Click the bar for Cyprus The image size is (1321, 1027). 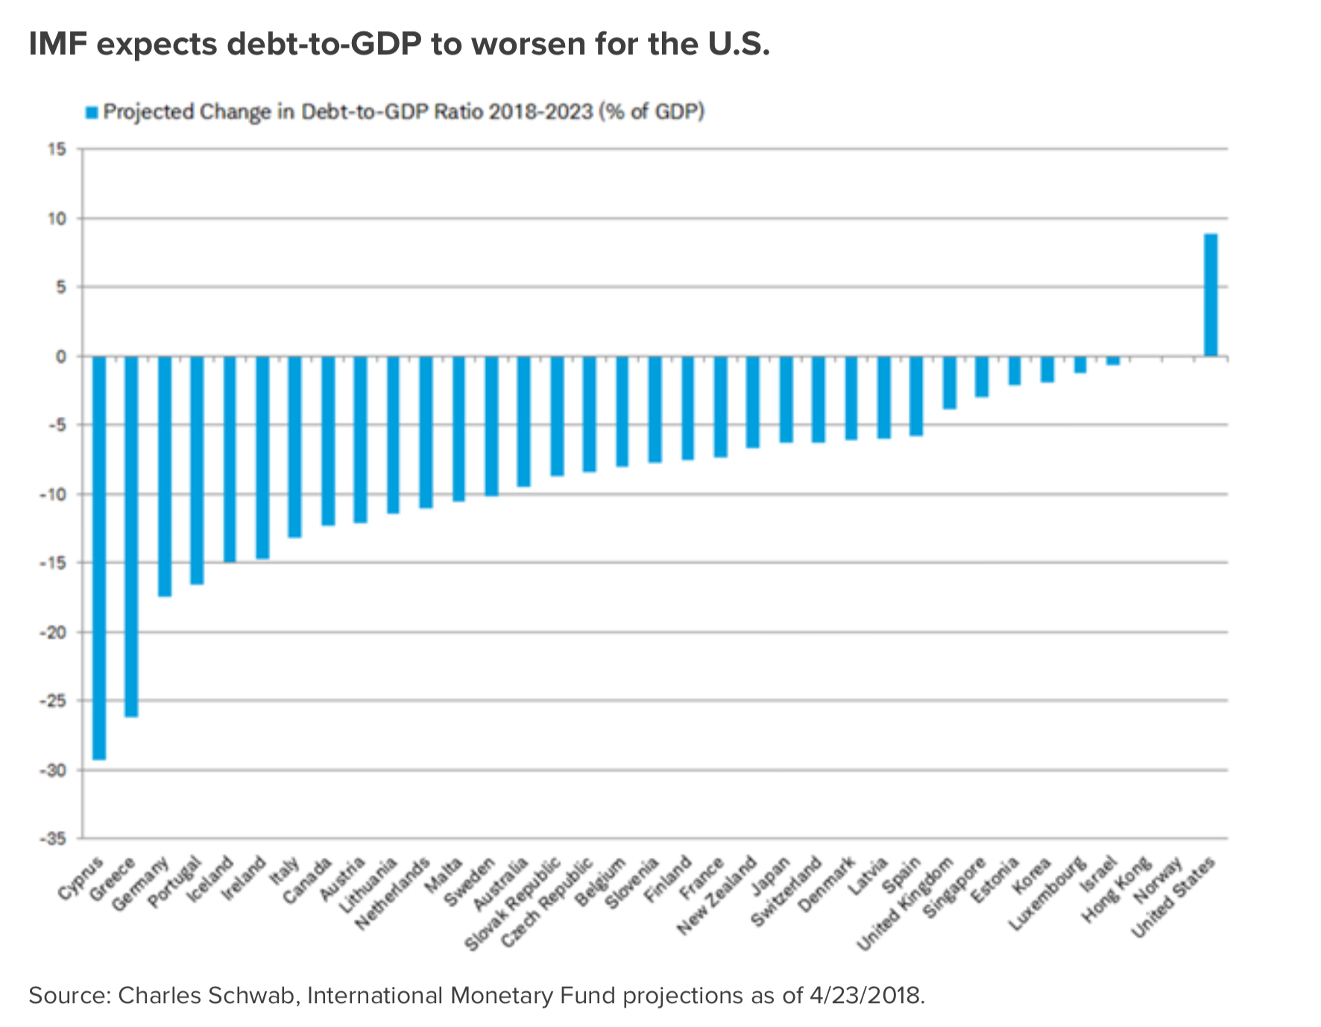point(99,558)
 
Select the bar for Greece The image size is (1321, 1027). point(131,536)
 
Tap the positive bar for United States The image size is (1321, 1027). point(1211,295)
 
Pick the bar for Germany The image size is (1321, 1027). point(165,476)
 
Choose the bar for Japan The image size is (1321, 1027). point(786,399)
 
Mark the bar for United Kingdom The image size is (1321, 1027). point(949,383)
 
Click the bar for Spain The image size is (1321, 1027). point(916,396)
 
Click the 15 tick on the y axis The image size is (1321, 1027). point(58,150)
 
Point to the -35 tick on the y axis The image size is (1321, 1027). point(53,839)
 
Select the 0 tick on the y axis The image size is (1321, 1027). point(62,357)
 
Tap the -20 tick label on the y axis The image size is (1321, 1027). point(53,632)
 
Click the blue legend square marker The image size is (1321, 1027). point(92,113)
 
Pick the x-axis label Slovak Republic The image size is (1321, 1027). point(514,904)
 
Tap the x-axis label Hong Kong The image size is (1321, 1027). point(1116,891)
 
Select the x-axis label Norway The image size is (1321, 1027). point(1158,882)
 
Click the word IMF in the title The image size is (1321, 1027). point(58,45)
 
